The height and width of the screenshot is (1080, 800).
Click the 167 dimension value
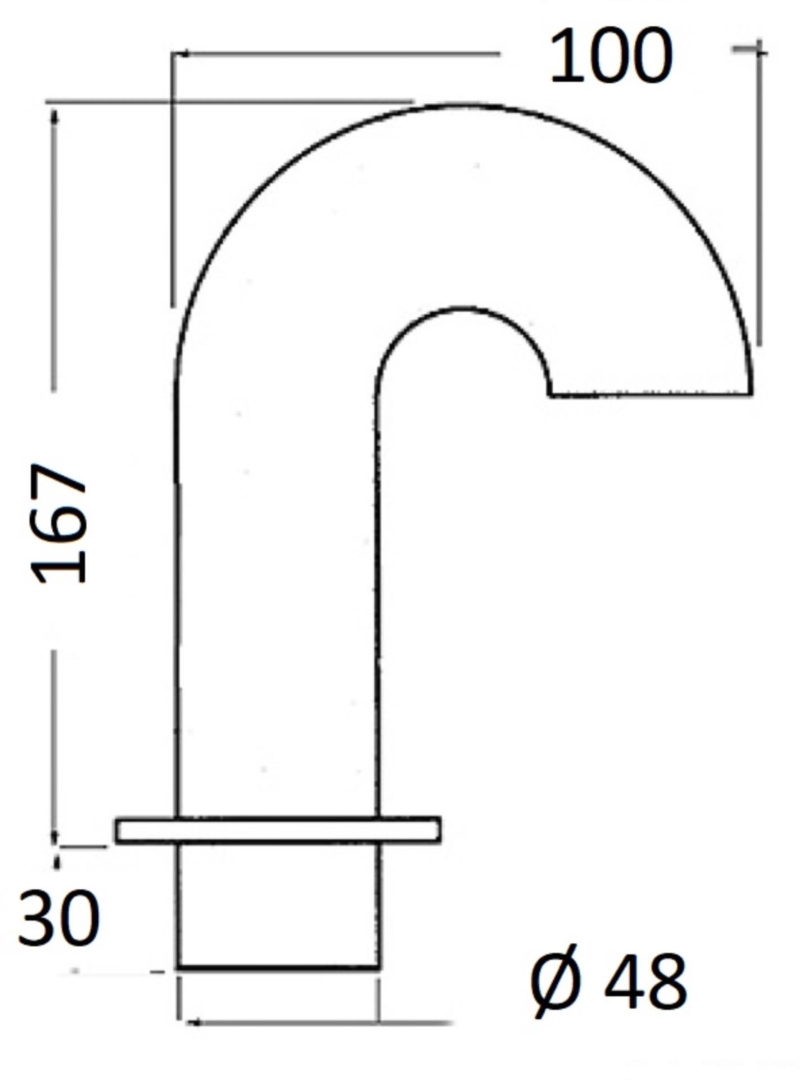60,523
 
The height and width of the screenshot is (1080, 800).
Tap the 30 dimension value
58,918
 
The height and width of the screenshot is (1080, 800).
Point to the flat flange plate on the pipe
278,830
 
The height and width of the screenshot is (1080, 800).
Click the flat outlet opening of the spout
650,394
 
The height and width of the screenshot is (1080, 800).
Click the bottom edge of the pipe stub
278,968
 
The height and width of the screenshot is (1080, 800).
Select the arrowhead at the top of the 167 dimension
55,115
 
